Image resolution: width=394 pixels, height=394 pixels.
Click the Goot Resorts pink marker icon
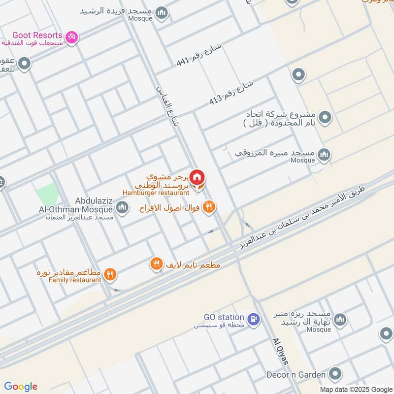click(72, 37)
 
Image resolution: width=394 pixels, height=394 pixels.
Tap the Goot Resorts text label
click(37, 35)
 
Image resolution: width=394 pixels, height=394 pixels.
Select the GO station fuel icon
click(254, 319)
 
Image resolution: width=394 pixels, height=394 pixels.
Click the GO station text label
click(224, 317)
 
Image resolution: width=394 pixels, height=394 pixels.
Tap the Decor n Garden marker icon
click(335, 373)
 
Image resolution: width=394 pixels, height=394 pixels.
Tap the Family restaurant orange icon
click(111, 274)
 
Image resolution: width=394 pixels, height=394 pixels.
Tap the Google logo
click(21, 387)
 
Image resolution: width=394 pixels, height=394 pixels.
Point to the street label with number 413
click(231, 93)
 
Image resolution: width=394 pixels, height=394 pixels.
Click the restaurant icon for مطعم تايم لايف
click(156, 264)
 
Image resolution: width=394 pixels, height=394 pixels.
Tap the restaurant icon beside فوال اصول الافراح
click(209, 207)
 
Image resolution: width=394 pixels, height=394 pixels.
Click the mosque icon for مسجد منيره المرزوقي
click(324, 155)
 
